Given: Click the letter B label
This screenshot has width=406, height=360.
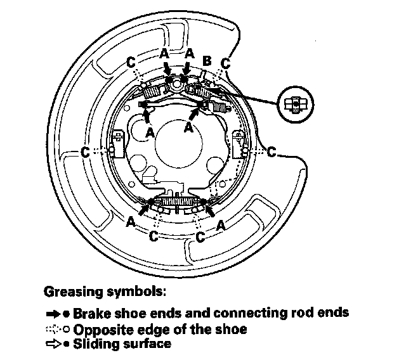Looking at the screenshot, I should click(206, 61).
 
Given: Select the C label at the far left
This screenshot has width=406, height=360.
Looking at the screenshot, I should click(86, 152).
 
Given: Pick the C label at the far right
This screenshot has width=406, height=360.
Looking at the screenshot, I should click(272, 152).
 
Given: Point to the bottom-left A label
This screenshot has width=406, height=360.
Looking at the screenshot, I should click(130, 222).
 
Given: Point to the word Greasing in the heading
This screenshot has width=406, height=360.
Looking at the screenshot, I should click(69, 293).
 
